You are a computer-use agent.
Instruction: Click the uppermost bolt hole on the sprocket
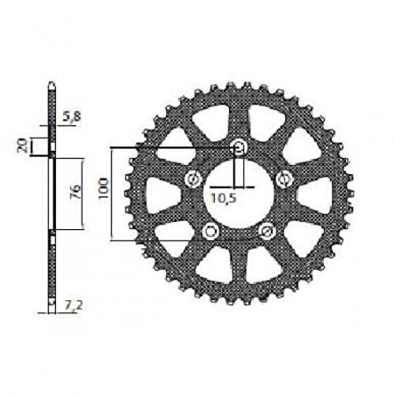point(239,147)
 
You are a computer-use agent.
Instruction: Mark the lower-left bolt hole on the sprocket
point(209,230)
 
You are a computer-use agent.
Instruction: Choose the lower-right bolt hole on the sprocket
point(267,230)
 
